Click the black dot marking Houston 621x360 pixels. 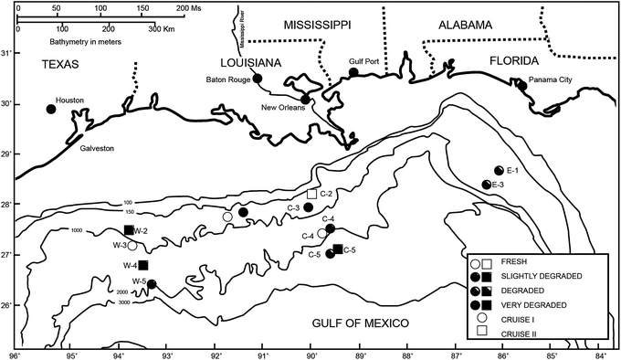(x=51, y=110)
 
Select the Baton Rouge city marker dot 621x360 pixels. (x=258, y=79)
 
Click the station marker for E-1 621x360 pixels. (x=499, y=171)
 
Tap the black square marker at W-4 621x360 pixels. (x=143, y=265)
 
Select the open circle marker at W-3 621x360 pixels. (x=132, y=245)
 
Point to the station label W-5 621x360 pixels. (x=139, y=281)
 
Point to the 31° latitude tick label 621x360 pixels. (x=8, y=53)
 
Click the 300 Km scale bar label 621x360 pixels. (x=159, y=28)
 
